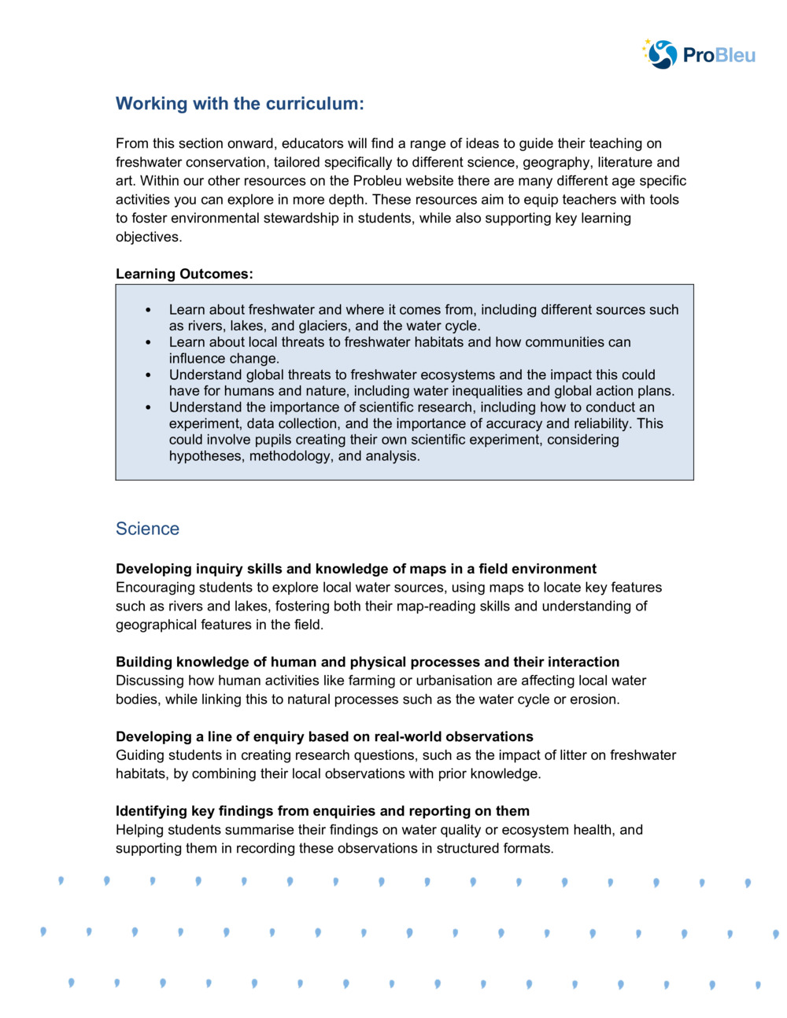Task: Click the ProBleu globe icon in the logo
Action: pyautogui.click(x=661, y=54)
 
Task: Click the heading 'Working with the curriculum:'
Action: pyautogui.click(x=239, y=104)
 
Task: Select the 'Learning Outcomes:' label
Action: pyautogui.click(x=184, y=274)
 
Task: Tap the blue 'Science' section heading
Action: pyautogui.click(x=147, y=529)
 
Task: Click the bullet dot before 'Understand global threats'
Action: pyautogui.click(x=149, y=375)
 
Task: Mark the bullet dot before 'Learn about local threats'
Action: pyautogui.click(x=149, y=343)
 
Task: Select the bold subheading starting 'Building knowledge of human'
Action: pyautogui.click(x=367, y=662)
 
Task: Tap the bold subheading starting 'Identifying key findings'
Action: pyautogui.click(x=322, y=811)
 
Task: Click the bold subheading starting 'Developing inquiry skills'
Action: pyautogui.click(x=356, y=569)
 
